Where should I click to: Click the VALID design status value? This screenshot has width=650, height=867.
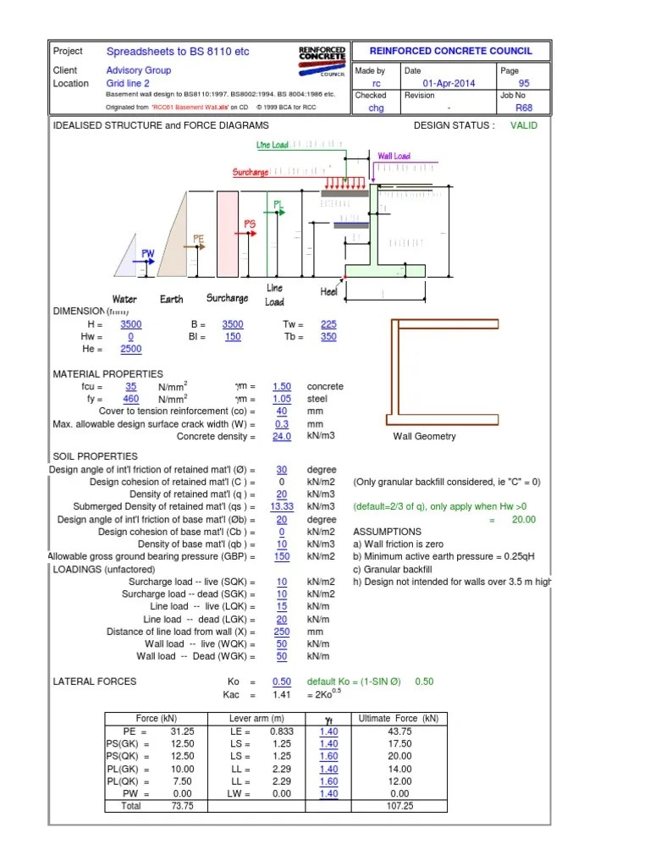[523, 125]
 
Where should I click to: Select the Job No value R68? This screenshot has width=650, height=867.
[525, 108]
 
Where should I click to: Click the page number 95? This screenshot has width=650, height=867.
[524, 84]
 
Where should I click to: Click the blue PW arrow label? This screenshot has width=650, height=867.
[147, 253]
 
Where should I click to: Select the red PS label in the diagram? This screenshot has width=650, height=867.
[250, 224]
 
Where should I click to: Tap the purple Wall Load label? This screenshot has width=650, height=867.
[394, 157]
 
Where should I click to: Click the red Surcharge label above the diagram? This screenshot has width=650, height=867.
[251, 173]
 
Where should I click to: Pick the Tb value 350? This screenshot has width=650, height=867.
[328, 337]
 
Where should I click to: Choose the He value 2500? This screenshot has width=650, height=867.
[131, 349]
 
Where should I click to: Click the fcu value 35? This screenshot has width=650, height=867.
[130, 386]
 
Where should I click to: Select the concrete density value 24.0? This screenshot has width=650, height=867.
[282, 437]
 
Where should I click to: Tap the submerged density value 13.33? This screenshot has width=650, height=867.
[282, 506]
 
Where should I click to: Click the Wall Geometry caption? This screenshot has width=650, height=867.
[424, 437]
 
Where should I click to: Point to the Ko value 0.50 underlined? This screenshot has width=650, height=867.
[282, 682]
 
